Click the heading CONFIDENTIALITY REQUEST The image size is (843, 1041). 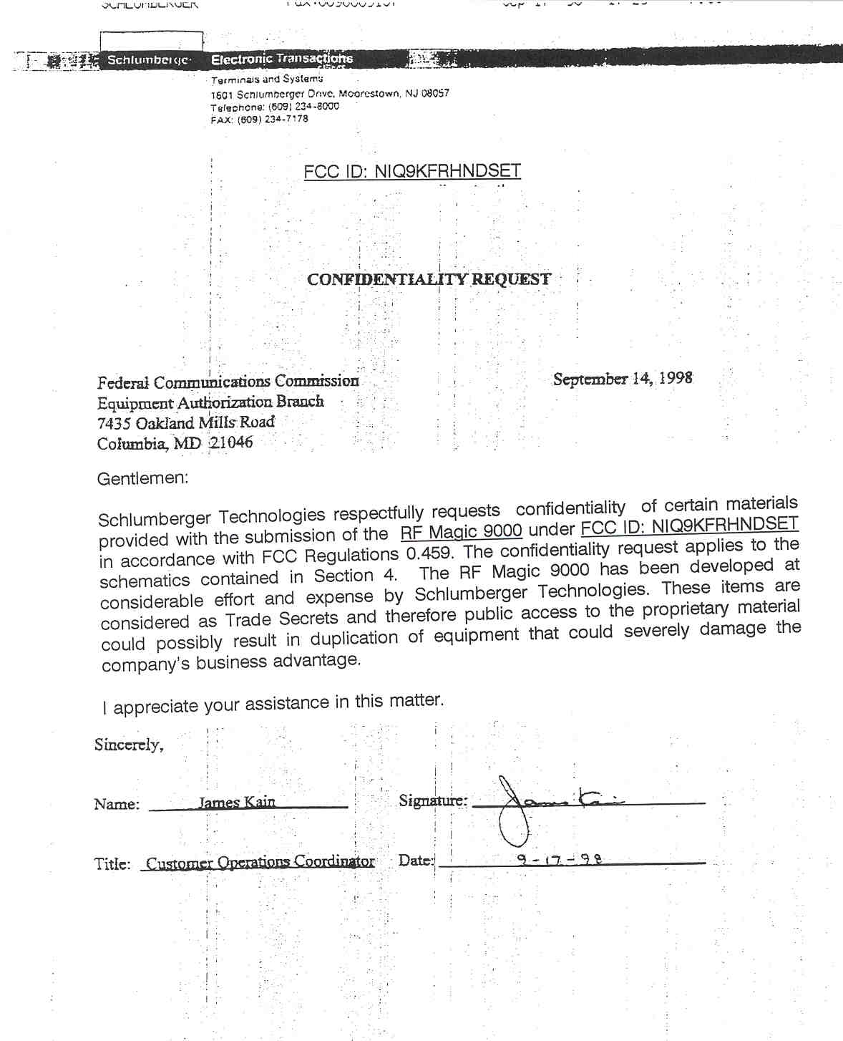click(x=429, y=279)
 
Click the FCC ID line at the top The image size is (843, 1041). click(x=412, y=171)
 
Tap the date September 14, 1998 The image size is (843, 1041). click(x=623, y=379)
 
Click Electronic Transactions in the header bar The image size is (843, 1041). click(x=282, y=59)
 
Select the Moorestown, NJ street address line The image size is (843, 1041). click(x=330, y=94)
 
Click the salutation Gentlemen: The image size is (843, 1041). click(x=142, y=478)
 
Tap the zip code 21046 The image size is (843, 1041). click(x=231, y=442)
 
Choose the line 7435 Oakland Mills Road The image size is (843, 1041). click(x=186, y=422)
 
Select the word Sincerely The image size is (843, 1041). click(x=129, y=745)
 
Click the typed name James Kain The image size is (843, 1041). click(x=237, y=802)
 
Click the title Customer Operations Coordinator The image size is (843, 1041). click(x=260, y=862)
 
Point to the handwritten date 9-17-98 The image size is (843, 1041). click(x=560, y=858)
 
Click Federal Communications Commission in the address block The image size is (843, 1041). click(x=228, y=382)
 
